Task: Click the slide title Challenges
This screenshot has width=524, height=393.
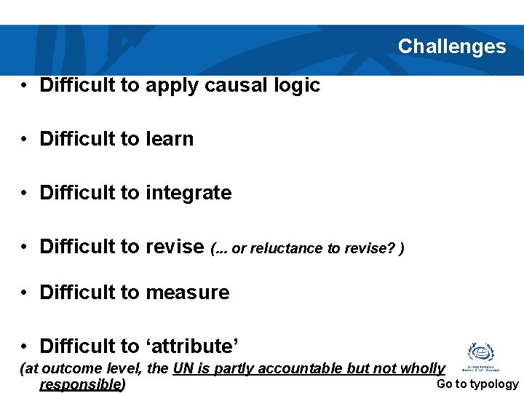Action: click(451, 47)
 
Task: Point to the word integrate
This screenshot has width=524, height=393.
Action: click(188, 193)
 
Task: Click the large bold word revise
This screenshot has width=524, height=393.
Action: click(175, 247)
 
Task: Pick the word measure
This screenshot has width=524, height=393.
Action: click(188, 293)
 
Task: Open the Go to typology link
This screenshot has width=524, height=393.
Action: click(477, 384)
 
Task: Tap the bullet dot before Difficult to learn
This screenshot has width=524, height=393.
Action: click(25, 139)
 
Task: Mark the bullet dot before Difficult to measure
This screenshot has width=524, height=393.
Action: click(25, 293)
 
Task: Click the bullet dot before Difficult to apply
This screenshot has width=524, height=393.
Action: click(25, 85)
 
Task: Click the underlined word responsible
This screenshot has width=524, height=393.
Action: click(80, 384)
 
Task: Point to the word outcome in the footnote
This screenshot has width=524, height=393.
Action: click(66, 369)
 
